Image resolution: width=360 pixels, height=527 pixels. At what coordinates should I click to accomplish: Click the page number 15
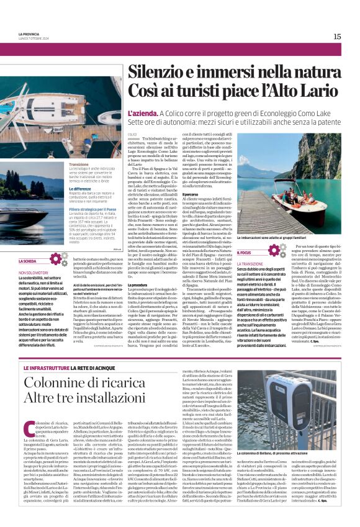pos(337,37)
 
